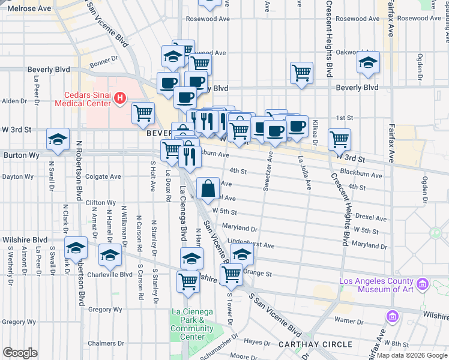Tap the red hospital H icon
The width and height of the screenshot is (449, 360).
(120, 97)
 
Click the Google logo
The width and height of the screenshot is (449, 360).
(20, 353)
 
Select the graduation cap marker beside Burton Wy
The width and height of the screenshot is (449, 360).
(58, 140)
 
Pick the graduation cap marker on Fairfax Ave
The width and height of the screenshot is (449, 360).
(368, 62)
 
